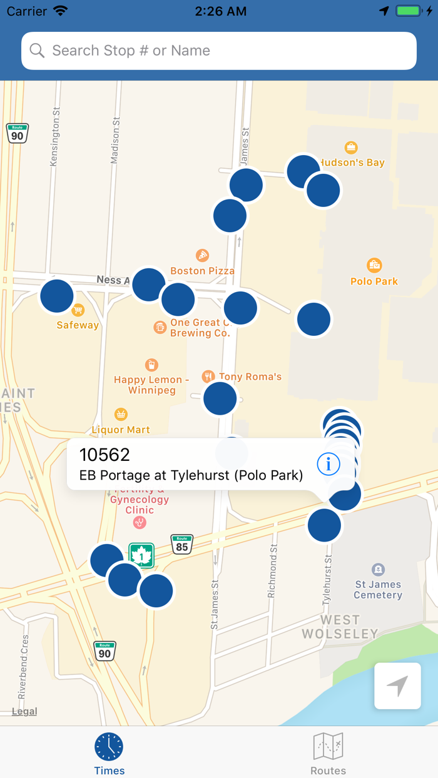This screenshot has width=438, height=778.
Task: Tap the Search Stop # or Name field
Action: click(219, 51)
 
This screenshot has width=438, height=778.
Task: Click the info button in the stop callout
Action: click(328, 464)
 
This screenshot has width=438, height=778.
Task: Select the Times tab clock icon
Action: click(109, 747)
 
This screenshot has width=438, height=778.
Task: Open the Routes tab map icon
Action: click(328, 747)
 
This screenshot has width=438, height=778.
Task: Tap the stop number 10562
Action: click(104, 455)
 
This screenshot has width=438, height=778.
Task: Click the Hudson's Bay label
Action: click(352, 163)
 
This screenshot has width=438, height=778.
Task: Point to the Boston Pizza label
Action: click(202, 271)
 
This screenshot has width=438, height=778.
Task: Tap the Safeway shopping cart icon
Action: click(78, 310)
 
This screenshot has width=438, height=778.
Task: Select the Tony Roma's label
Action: click(250, 376)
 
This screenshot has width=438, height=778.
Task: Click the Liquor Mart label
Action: click(121, 430)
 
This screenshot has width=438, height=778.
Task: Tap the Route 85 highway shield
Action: click(181, 543)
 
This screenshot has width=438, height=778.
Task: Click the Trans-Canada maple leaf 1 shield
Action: click(142, 555)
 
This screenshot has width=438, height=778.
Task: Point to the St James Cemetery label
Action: click(378, 590)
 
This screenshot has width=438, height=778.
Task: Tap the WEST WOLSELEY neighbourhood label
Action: click(340, 627)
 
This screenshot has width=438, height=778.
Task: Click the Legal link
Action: click(24, 711)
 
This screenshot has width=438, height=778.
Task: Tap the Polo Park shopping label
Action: click(374, 281)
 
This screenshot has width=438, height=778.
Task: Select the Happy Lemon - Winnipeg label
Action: click(151, 385)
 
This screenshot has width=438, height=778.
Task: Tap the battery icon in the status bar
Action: click(409, 11)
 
